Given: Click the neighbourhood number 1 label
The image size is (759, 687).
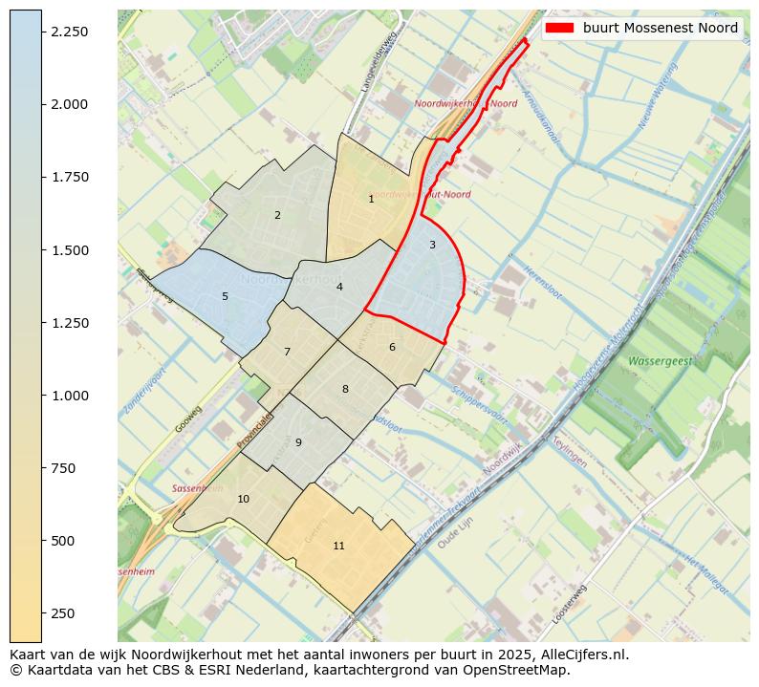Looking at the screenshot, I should coord(371,199).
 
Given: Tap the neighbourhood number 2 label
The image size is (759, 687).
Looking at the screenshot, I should coord(277,215).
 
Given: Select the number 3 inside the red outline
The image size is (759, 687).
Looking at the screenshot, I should coord(432,245).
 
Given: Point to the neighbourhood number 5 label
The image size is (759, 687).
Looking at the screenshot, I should coord(225,296).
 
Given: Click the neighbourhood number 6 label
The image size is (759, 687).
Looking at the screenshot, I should coord(392,347).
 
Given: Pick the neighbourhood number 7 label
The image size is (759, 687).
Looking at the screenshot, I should coord(287,352).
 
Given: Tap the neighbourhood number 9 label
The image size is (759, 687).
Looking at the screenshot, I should coord(298,442).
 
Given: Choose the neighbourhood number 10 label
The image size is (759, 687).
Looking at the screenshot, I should coord(243,499).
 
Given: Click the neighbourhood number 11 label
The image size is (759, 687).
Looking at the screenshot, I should coord(338,546).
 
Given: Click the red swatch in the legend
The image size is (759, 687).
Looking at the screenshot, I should coord(560,29).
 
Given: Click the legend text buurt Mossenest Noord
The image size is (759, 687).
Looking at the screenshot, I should coord(661,29).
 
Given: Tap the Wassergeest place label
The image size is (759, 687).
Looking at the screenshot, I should coord(660,362).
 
